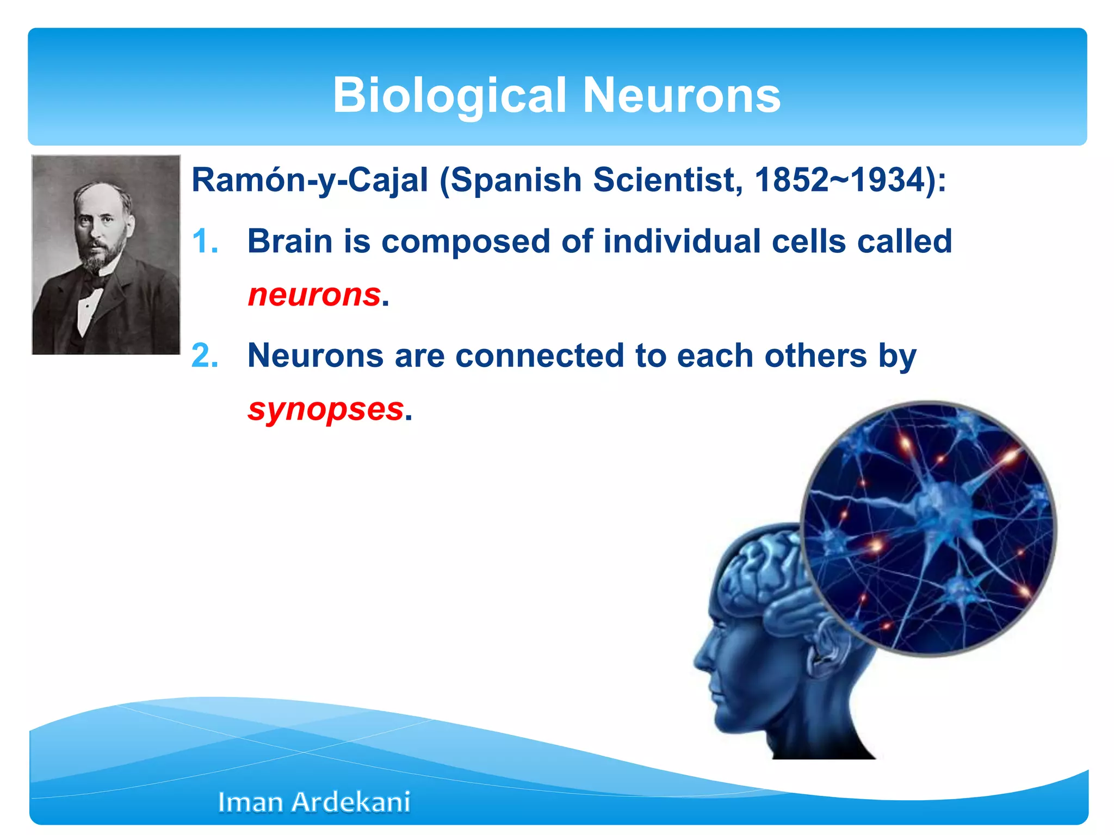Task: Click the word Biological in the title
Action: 450,96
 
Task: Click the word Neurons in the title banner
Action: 682,96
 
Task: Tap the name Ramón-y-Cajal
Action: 310,180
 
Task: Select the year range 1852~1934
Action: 840,180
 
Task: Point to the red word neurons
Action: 314,295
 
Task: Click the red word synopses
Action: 326,409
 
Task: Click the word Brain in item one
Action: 290,241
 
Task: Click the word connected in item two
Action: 540,356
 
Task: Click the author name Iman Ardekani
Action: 314,802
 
